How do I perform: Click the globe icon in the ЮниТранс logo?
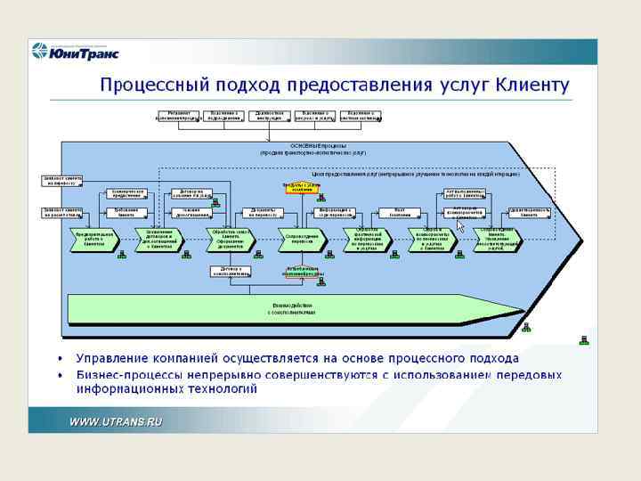pyautogui.click(x=40, y=51)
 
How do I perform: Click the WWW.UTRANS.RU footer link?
pyautogui.click(x=117, y=421)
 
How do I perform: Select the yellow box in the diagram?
pyautogui.click(x=300, y=187)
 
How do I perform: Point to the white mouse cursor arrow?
pyautogui.click(x=460, y=226)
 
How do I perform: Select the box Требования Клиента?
pyautogui.click(x=126, y=212)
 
